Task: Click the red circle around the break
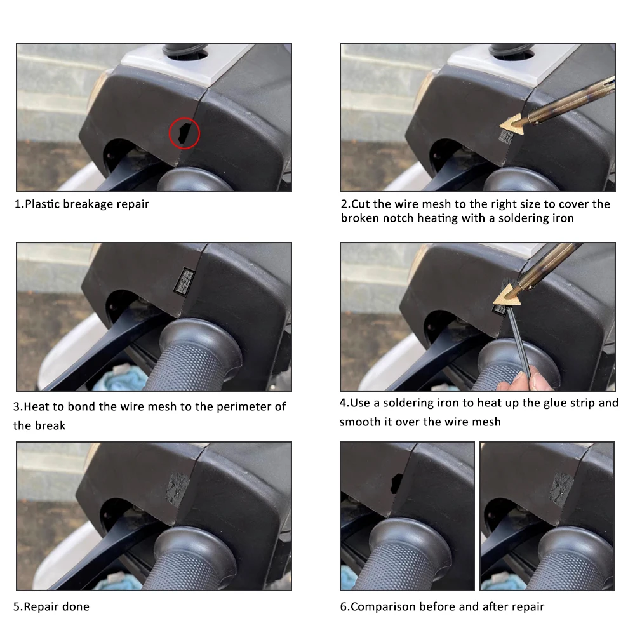click(x=170, y=133)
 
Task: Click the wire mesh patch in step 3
click(x=185, y=281)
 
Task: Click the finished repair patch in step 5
click(x=177, y=488)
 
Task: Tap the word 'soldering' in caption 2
click(x=524, y=218)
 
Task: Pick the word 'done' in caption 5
click(x=76, y=606)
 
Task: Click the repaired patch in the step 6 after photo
click(x=561, y=487)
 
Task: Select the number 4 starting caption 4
click(x=344, y=403)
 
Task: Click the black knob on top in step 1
click(x=185, y=51)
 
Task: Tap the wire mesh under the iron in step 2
click(x=506, y=137)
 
